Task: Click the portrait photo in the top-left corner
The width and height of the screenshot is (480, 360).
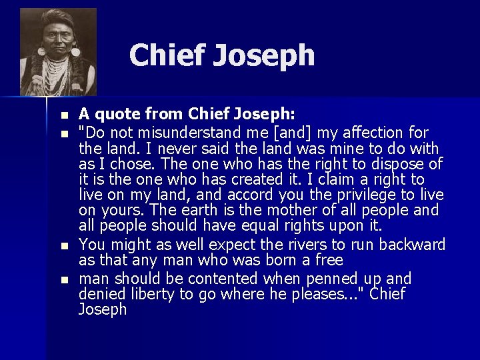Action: point(58,52)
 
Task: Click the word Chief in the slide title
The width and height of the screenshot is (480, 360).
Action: point(167,55)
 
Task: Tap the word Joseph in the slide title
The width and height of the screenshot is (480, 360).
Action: point(264,56)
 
